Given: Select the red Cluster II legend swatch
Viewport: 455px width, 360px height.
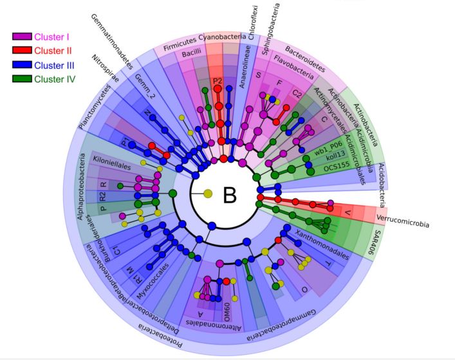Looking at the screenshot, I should coord(21,50).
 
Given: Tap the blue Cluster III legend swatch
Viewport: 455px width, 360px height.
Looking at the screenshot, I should coord(21,64).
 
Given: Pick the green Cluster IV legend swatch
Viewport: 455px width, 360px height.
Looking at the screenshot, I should coord(21,78).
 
